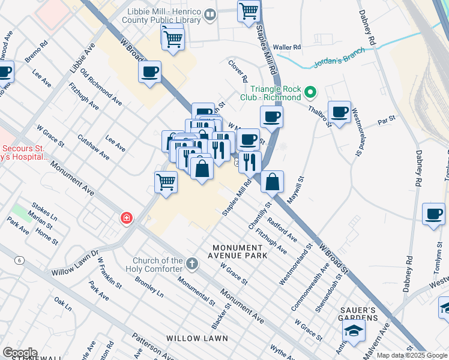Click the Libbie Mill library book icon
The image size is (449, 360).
coord(209,15)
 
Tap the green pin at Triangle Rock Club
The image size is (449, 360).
coord(310,93)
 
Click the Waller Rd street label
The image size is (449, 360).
coord(286,47)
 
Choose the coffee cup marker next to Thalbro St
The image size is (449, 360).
coord(339,112)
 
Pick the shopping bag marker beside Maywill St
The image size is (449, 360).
coord(272,181)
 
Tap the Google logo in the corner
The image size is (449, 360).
coord(19,353)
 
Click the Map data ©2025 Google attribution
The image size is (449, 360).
coord(412,355)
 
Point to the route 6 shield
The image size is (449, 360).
coord(20,260)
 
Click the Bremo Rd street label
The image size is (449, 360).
coord(36,52)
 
